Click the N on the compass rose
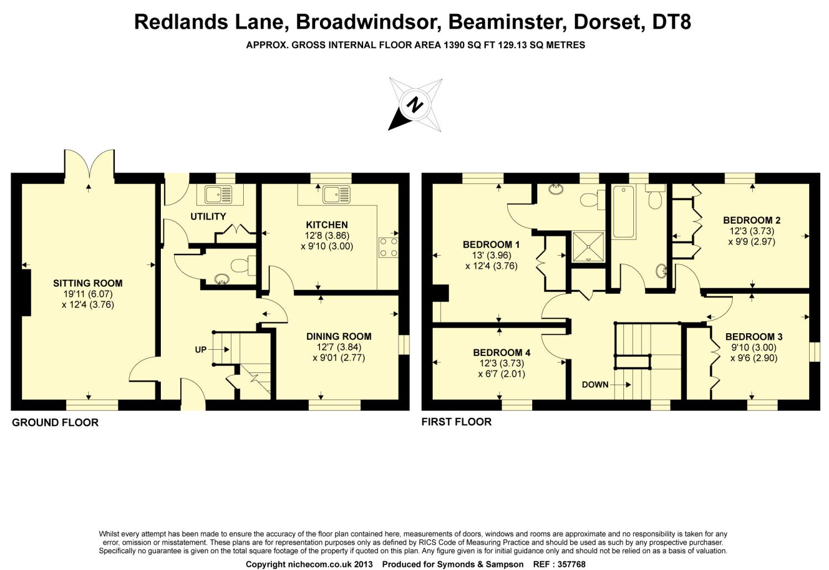[x=414, y=103]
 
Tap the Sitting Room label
[x=88, y=283]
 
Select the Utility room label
[x=208, y=216]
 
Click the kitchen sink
[x=336, y=194]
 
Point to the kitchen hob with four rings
[x=388, y=247]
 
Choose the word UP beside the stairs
[x=201, y=350]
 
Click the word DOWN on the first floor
[x=595, y=385]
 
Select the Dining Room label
[x=339, y=336]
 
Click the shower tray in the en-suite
[x=589, y=246]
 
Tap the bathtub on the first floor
[x=623, y=212]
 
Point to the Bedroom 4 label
[x=501, y=353]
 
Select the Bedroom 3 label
[x=754, y=336]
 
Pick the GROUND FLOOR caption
[x=55, y=423]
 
